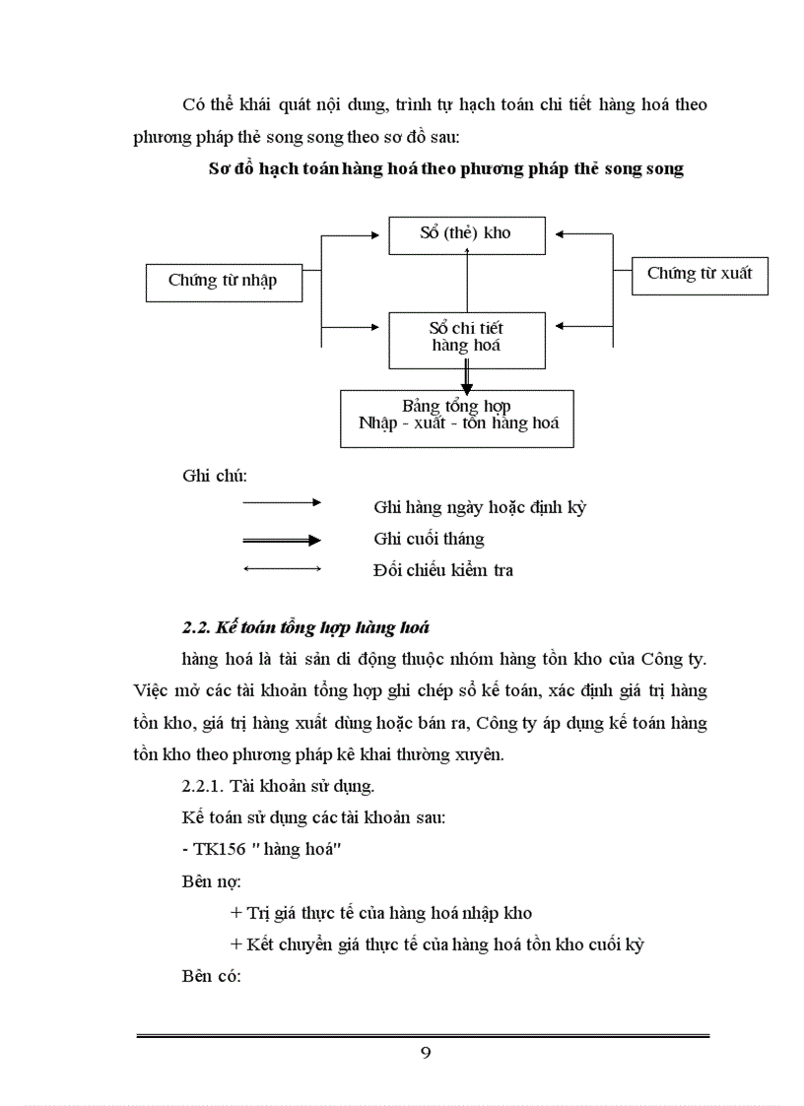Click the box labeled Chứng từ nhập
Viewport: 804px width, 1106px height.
coord(222,281)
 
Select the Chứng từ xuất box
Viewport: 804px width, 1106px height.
coord(699,274)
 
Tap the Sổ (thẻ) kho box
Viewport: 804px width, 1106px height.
coord(466,233)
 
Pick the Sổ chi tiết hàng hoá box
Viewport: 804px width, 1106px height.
coord(466,337)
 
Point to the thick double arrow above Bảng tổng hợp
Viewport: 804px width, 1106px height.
coord(467,377)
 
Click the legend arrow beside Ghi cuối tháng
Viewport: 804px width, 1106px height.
coord(282,540)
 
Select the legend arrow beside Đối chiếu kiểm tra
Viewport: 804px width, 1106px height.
coord(282,569)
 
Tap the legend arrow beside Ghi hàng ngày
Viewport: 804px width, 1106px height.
coord(282,502)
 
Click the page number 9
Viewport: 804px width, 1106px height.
coord(426,1053)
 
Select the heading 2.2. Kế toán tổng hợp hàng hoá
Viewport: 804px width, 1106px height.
coord(305,627)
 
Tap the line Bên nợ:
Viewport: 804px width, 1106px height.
coord(212,881)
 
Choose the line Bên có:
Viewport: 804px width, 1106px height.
coord(212,976)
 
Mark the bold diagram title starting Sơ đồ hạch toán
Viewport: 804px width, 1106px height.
coord(446,168)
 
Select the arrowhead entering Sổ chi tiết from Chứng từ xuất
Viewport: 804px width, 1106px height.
coord(562,324)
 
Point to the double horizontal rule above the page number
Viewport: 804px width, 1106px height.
coord(423,1035)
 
